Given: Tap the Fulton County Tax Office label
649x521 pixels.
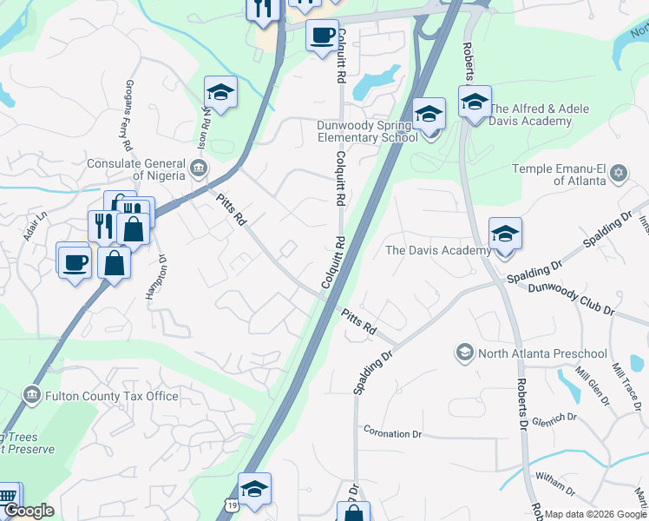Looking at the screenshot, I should coord(112,397).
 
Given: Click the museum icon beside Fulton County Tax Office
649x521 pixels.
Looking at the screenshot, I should coord(31,396).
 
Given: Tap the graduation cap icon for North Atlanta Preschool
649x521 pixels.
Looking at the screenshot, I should coord(464,353).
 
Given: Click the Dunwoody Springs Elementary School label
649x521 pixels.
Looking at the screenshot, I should coord(367,131).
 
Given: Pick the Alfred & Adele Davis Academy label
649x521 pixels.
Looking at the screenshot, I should coord(532,115).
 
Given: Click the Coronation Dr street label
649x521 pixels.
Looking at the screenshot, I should coord(392,432).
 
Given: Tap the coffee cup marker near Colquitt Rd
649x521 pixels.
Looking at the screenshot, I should coord(323,36).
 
